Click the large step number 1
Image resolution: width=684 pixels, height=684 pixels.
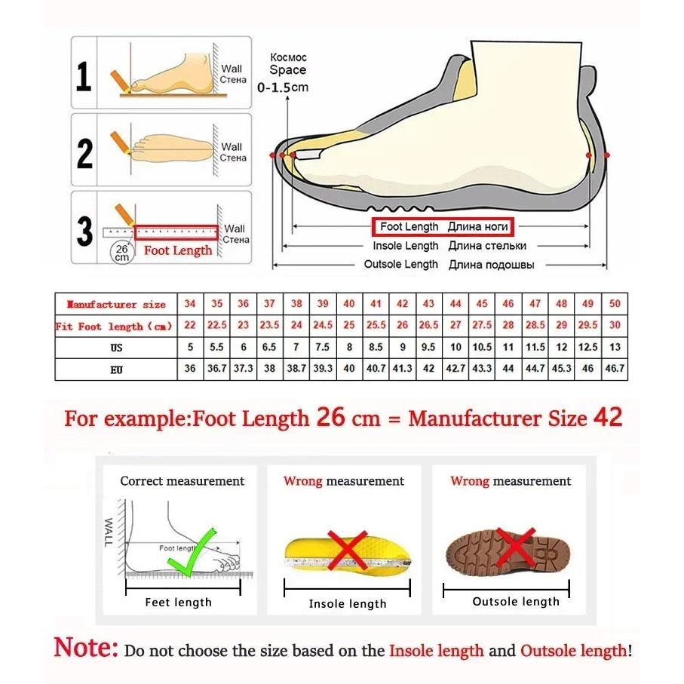[x=84, y=77]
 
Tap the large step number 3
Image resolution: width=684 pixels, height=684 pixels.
[x=85, y=232]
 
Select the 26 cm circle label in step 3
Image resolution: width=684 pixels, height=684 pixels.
[x=121, y=252]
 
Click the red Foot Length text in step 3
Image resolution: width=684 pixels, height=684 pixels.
[x=178, y=250]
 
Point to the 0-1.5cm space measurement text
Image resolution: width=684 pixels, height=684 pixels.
[x=283, y=87]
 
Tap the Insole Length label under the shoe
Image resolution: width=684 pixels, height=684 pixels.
[x=405, y=246]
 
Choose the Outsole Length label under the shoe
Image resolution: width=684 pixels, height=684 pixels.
[x=400, y=265]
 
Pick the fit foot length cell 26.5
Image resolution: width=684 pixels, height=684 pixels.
[x=428, y=326]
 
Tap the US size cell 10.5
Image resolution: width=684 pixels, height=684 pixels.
[x=481, y=348]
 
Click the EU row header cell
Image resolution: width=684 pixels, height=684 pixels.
[x=115, y=370]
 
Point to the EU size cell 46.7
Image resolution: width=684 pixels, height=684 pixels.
[x=615, y=370]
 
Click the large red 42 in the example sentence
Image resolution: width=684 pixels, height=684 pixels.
[x=607, y=418]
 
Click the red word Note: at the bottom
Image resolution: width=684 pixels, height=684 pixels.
[x=86, y=648]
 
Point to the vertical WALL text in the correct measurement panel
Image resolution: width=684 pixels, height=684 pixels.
[x=109, y=532]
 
